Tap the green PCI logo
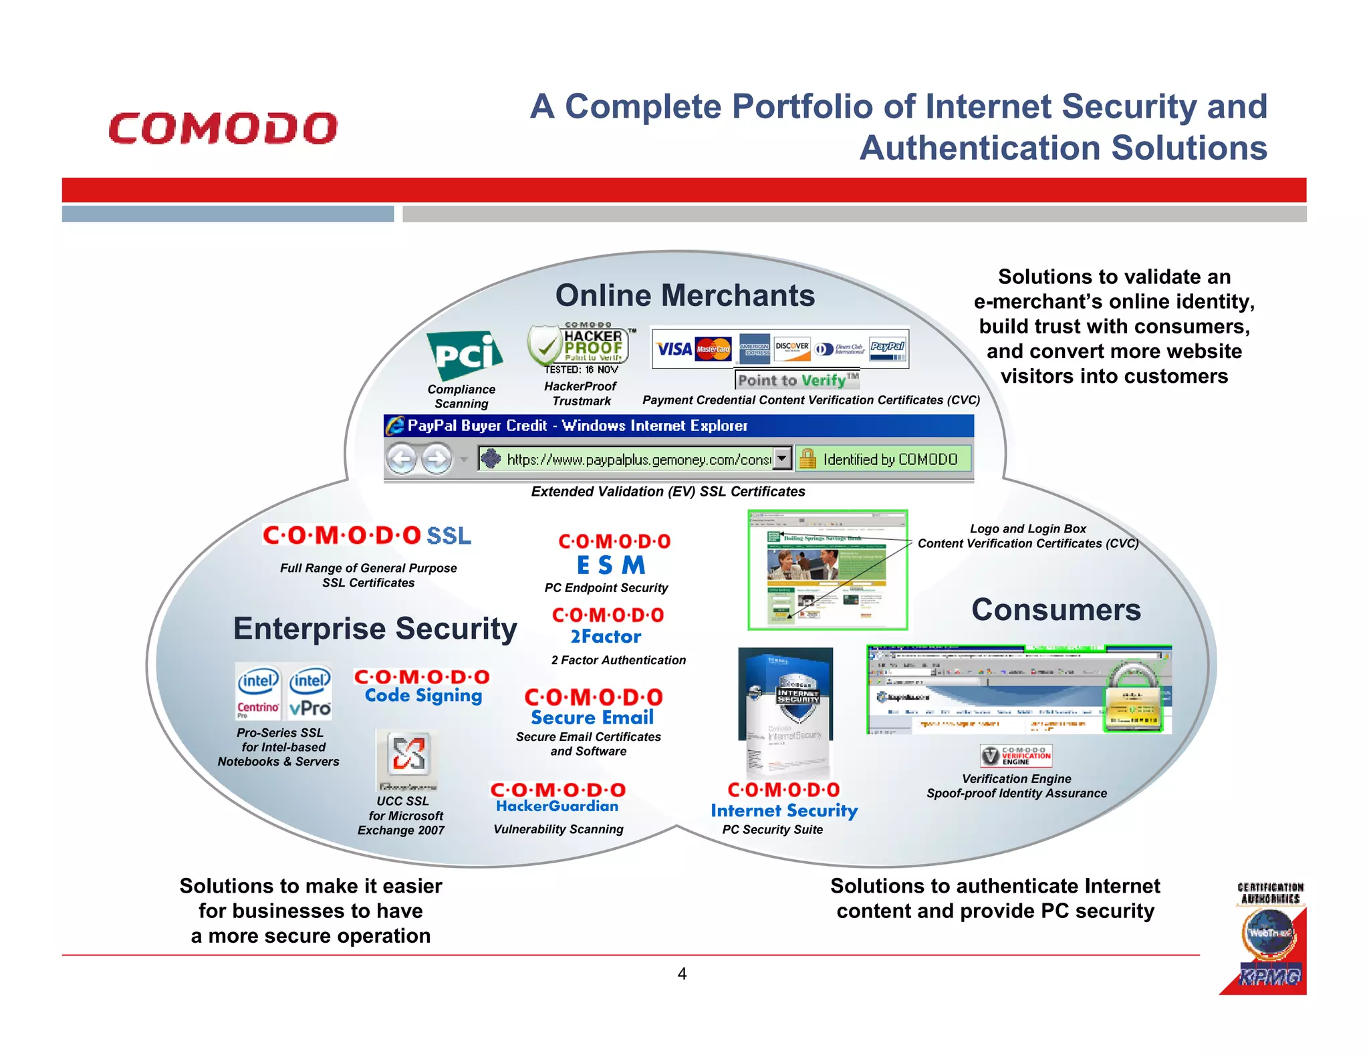(465, 355)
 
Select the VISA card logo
(673, 349)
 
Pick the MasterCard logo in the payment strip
(713, 349)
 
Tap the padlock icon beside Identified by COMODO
(807, 458)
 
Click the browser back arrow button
(402, 459)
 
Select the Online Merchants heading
(684, 295)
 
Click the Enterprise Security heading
(375, 629)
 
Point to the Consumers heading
(1055, 610)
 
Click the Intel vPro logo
(309, 692)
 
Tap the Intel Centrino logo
(258, 692)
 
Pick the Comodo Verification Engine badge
(1015, 756)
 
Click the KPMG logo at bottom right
(1269, 977)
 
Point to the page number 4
(682, 973)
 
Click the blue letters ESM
(611, 565)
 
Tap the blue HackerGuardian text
(557, 806)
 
